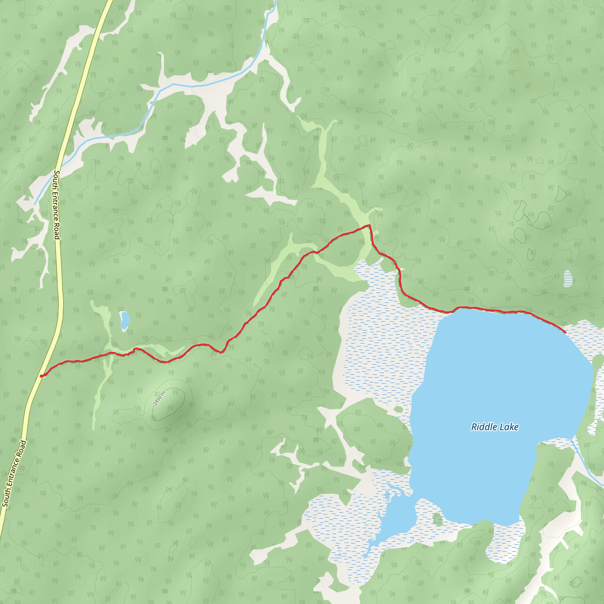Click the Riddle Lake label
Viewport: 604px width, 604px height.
point(495,427)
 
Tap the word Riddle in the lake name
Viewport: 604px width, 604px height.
point(484,427)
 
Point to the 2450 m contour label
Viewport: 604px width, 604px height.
point(159,398)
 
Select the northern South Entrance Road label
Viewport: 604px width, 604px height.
point(57,205)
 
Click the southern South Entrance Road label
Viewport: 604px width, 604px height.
point(14,474)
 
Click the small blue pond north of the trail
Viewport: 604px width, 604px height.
point(125,320)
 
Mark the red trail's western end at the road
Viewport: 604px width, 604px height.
point(41,376)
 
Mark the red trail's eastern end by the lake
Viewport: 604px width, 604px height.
point(565,332)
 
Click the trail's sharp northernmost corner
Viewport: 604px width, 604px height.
point(370,225)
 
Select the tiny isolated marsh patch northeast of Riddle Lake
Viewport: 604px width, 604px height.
point(567,278)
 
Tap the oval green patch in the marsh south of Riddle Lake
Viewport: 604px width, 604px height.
point(438,519)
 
